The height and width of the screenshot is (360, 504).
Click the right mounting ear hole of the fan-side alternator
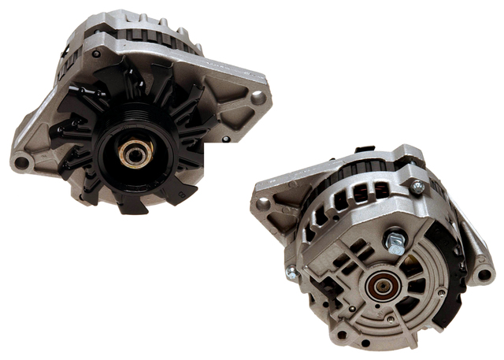(258, 98)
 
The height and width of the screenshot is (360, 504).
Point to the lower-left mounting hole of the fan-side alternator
(22, 163)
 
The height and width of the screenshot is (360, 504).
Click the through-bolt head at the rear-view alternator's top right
(417, 187)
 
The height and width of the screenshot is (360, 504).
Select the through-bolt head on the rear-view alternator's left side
(292, 273)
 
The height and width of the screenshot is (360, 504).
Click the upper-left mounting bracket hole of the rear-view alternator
(263, 203)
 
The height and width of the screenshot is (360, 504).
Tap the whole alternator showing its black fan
(138, 110)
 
